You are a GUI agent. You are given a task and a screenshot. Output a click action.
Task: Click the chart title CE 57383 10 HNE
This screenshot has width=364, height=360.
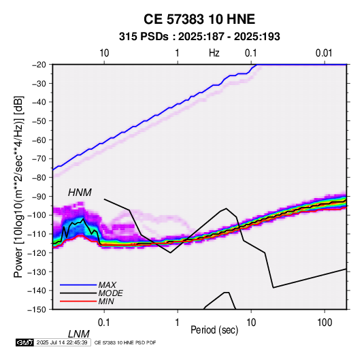pos(199,19)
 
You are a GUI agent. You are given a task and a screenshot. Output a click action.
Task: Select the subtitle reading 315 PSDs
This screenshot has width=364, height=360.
pos(144,37)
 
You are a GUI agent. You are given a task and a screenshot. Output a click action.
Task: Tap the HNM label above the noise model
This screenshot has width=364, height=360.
pos(80,193)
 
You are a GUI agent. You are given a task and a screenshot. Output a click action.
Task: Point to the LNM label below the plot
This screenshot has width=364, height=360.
pos(78,334)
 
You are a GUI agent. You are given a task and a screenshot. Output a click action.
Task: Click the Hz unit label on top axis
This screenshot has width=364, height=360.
pos(214,53)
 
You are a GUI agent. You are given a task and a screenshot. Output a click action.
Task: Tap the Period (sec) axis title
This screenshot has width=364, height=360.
pos(214,330)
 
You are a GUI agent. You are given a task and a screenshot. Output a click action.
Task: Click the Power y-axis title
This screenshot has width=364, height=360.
pos(18,186)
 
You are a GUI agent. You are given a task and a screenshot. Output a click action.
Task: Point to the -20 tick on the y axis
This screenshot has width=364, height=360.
pos(39,65)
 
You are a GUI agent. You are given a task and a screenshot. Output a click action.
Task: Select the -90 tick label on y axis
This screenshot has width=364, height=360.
pos(39,196)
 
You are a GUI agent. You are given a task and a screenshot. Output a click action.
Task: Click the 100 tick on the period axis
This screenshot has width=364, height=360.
pos(325,323)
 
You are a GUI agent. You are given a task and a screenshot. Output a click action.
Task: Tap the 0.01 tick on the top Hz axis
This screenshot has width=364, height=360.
pos(324,53)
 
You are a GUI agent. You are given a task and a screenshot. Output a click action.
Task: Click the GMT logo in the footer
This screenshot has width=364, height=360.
pos(25,342)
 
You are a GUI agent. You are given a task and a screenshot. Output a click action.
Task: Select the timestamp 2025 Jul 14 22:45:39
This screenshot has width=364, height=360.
pos(62,342)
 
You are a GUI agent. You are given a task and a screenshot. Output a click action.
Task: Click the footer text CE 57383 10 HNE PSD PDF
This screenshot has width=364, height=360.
pos(125,342)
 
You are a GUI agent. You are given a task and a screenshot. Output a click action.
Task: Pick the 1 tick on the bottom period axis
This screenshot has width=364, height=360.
pos(178,323)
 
